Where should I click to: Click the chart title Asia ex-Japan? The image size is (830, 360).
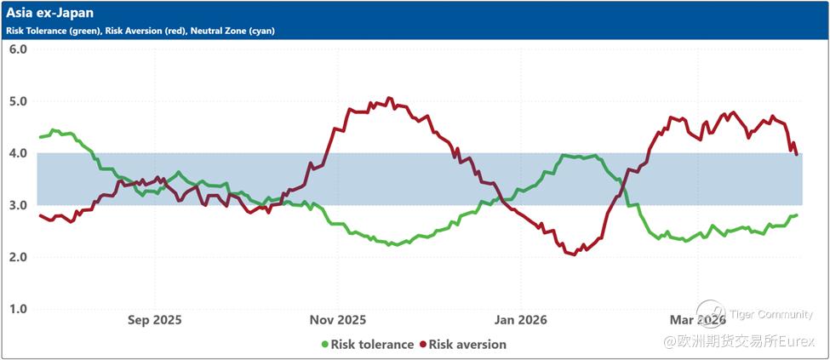tap(50, 14)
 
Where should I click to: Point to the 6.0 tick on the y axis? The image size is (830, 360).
tap(18, 49)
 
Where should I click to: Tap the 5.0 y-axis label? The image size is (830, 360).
tap(18, 101)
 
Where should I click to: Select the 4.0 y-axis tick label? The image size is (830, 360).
tap(18, 153)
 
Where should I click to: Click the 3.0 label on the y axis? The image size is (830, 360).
tap(18, 205)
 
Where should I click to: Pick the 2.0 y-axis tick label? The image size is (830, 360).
tap(18, 257)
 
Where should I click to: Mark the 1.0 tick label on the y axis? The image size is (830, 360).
tap(18, 309)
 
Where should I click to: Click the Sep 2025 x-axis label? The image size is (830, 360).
tap(154, 320)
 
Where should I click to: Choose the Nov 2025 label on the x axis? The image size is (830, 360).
tap(337, 320)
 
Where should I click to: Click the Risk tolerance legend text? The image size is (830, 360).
tap(373, 345)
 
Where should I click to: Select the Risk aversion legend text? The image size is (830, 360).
tap(467, 345)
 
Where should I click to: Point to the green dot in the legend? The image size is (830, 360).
tap(324, 345)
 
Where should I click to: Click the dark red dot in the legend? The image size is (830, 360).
tap(421, 345)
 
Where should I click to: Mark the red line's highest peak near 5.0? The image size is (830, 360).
tap(390, 99)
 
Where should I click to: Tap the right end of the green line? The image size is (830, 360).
tap(796, 215)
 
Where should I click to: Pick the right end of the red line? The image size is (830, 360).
tap(797, 154)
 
